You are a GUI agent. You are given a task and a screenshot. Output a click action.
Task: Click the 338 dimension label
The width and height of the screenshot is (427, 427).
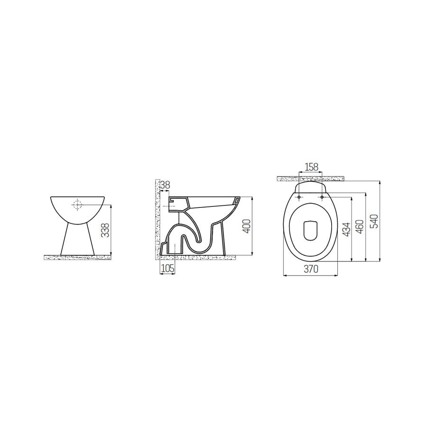point(106,230)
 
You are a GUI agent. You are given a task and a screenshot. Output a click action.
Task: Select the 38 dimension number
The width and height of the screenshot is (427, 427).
point(165,185)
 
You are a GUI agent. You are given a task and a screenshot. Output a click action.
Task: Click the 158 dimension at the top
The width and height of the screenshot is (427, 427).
point(311,167)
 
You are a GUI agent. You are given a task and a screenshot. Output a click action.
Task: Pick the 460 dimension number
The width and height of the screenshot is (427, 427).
point(362,227)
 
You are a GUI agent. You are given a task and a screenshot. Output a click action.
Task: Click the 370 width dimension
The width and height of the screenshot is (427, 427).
point(310,269)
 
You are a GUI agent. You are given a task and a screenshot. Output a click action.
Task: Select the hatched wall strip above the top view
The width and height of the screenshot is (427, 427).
point(311,178)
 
